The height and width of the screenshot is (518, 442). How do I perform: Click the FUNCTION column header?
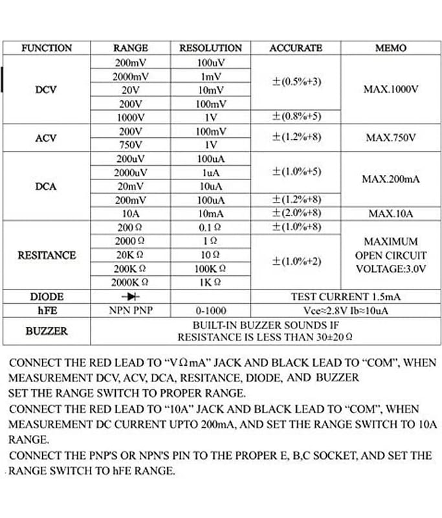tap(47, 49)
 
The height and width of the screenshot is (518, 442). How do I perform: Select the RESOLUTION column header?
tap(210, 49)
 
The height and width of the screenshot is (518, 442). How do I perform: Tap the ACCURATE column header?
tap(296, 49)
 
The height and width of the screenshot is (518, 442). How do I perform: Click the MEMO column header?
tap(391, 49)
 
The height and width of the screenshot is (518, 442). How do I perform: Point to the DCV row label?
tap(46, 89)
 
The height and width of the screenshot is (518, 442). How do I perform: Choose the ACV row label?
tap(46, 138)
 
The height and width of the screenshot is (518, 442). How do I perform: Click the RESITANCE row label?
tap(46, 255)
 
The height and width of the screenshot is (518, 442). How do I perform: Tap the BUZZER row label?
tap(46, 331)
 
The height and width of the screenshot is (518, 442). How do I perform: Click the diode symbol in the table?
tap(131, 297)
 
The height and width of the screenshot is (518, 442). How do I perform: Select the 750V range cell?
tap(131, 144)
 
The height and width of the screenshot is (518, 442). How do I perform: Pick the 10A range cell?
tap(131, 213)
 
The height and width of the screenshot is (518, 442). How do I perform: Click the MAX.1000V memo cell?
tap(391, 89)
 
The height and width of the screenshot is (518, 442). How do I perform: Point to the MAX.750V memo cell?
tap(391, 138)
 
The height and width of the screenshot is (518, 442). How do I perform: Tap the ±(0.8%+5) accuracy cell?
tap(296, 117)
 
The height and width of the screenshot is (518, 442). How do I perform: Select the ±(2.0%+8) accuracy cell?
tap(296, 213)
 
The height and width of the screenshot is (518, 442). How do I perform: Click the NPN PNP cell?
tap(131, 310)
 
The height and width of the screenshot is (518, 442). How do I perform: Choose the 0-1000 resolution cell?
tap(210, 310)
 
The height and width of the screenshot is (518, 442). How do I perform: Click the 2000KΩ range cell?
tap(131, 282)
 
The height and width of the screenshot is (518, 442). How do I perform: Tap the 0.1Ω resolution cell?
tap(210, 227)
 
